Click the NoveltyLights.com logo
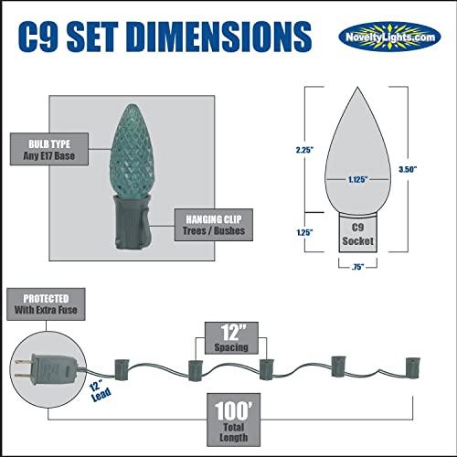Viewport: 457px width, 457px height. (x=389, y=37)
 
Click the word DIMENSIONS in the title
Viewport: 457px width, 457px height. (x=220, y=37)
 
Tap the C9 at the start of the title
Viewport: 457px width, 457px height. (x=38, y=37)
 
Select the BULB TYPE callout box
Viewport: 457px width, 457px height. (x=49, y=149)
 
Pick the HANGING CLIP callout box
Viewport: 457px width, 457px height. (x=214, y=225)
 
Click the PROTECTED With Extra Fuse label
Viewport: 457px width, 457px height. (x=46, y=304)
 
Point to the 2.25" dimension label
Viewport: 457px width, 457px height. (x=304, y=150)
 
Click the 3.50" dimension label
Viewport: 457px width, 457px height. (x=408, y=169)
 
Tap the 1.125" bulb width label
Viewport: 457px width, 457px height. (x=358, y=179)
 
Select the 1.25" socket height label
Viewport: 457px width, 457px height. (x=305, y=232)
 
